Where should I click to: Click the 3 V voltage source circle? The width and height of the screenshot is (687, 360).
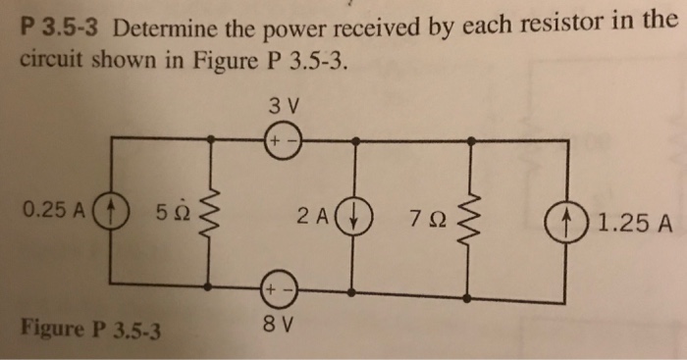(x=280, y=142)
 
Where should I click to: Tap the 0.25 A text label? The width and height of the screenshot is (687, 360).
(x=55, y=210)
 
